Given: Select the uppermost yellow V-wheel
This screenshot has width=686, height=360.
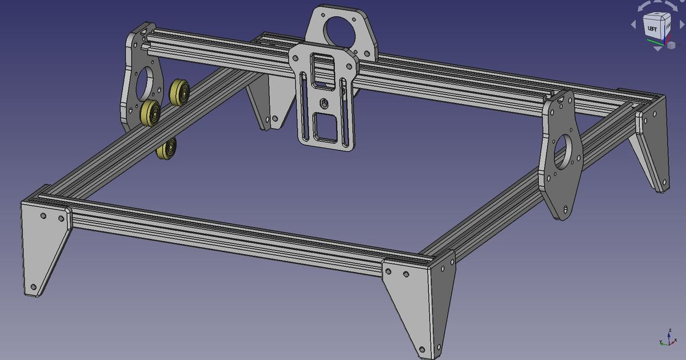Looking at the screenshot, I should click(x=180, y=91).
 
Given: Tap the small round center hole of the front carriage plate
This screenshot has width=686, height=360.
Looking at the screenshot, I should click(x=324, y=103).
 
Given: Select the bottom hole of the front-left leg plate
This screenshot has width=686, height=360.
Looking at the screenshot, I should click(x=33, y=287).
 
